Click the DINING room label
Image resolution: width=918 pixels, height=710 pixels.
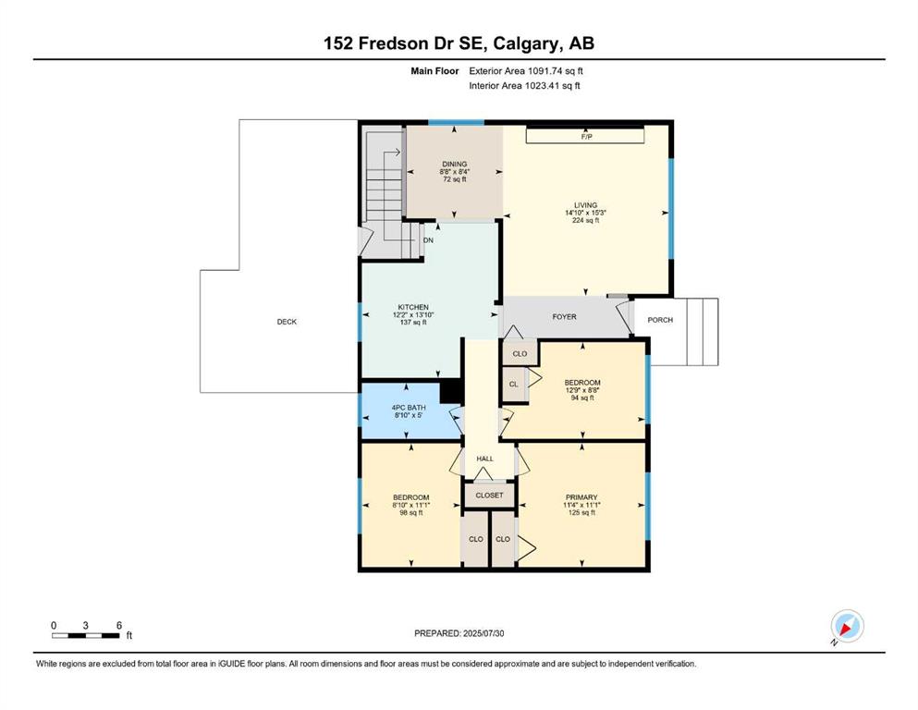pyautogui.click(x=454, y=164)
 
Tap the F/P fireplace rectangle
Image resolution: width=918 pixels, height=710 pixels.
pyautogui.click(x=585, y=137)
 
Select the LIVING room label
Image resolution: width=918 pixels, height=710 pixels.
pyautogui.click(x=585, y=205)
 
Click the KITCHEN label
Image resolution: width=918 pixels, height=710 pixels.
pyautogui.click(x=413, y=307)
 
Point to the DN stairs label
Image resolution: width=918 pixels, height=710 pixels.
pyautogui.click(x=428, y=240)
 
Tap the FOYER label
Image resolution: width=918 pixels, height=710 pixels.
pyautogui.click(x=564, y=317)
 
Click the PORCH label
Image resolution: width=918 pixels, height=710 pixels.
pyautogui.click(x=660, y=320)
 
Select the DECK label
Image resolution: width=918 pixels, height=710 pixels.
pyautogui.click(x=287, y=322)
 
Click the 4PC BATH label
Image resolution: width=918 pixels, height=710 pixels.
pyautogui.click(x=409, y=408)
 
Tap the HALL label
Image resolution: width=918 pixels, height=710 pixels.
pyautogui.click(x=484, y=459)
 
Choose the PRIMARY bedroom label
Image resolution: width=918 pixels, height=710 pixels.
pyautogui.click(x=581, y=497)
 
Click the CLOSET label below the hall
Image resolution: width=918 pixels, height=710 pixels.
pyautogui.click(x=489, y=496)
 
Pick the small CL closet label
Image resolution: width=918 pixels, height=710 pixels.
pyautogui.click(x=513, y=385)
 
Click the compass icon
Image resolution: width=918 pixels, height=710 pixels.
pyautogui.click(x=847, y=626)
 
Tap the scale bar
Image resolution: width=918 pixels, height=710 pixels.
pyautogui.click(x=85, y=636)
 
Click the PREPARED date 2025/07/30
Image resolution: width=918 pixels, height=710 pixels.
pyautogui.click(x=483, y=633)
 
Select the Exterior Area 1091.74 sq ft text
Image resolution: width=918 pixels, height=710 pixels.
pyautogui.click(x=526, y=71)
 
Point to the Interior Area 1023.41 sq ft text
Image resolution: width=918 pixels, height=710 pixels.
pyautogui.click(x=524, y=85)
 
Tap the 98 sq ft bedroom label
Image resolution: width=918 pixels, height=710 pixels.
pyautogui.click(x=411, y=513)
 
